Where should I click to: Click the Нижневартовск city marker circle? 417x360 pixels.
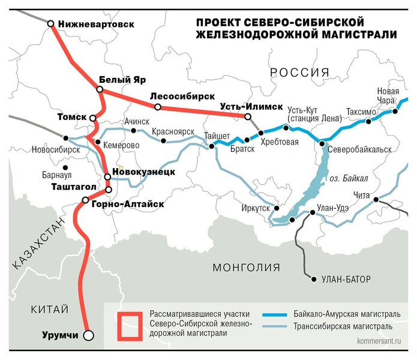pos(51,24)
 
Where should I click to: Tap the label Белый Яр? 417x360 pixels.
pos(122,80)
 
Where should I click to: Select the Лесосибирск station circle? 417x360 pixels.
pos(157,107)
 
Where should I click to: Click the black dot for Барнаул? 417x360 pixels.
pos(66,167)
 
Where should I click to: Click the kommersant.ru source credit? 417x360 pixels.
pos(382,348)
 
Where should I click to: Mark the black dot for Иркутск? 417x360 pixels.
pos(276,209)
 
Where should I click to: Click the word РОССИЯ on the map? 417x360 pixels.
pos(300,73)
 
